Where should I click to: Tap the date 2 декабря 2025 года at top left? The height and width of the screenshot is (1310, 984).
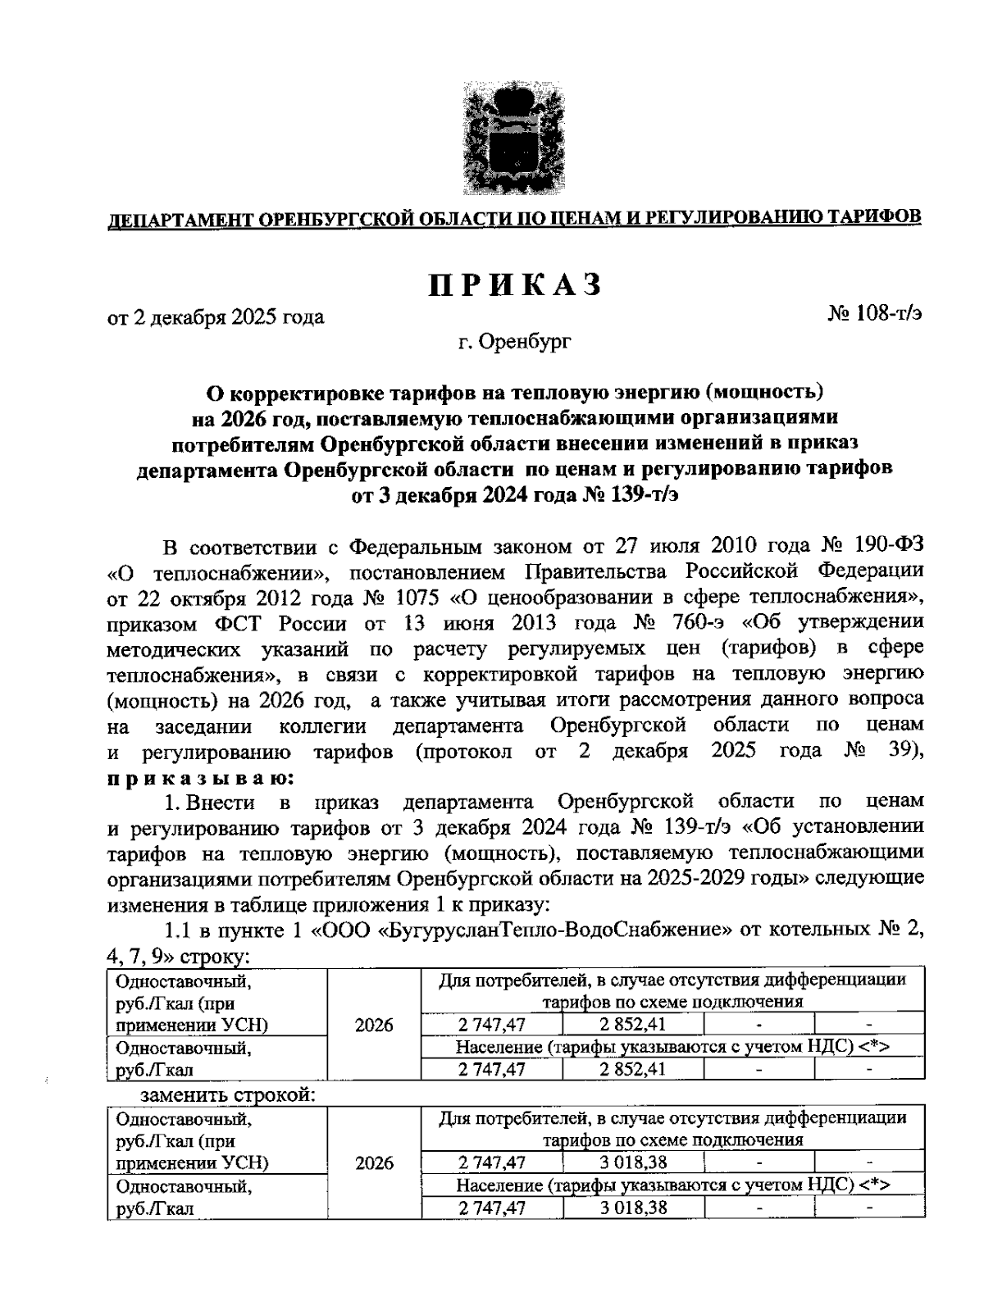tap(216, 316)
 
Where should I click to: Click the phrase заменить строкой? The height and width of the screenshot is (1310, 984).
tap(228, 1095)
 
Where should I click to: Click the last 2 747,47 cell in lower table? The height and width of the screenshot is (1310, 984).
tap(492, 1208)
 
